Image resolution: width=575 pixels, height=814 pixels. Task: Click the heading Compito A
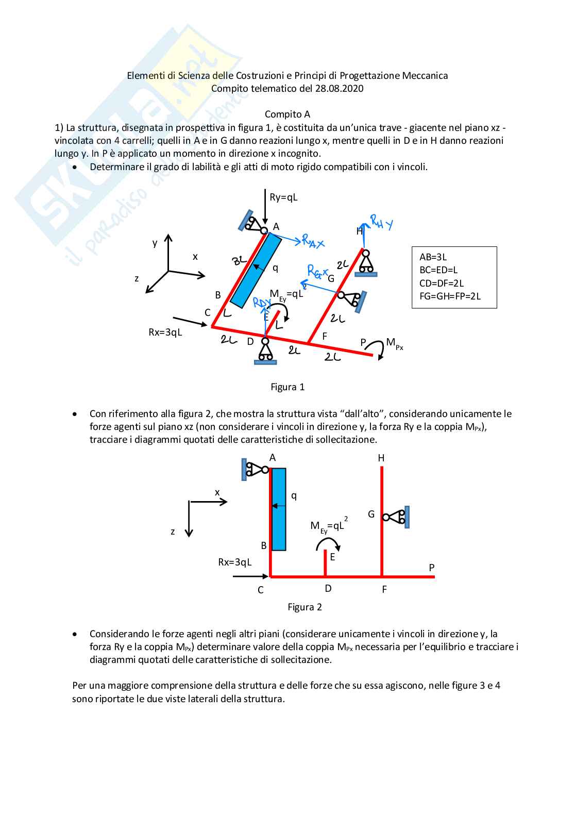(287, 114)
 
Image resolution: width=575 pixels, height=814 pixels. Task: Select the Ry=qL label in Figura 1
(283, 197)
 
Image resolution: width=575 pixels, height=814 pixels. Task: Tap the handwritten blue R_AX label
(313, 241)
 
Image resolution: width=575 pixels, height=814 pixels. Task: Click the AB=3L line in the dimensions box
(433, 257)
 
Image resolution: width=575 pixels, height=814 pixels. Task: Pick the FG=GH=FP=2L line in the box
(450, 296)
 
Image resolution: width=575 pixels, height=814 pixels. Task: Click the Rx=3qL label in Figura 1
(165, 333)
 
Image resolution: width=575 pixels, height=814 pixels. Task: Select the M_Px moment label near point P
(394, 343)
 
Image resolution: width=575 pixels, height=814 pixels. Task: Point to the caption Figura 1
(287, 387)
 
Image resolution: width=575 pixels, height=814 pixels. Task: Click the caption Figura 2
(305, 607)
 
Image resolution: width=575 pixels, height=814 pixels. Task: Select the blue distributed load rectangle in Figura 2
(279, 509)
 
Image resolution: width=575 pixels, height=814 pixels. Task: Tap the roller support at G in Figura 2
(397, 517)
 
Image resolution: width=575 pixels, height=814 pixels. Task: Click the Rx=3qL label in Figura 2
(234, 562)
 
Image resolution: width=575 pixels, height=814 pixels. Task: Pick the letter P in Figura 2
(432, 568)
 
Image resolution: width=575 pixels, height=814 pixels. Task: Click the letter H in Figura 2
(381, 458)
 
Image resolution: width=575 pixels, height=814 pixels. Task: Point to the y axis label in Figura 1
(155, 243)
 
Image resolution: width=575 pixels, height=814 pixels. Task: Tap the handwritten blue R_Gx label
(317, 271)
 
